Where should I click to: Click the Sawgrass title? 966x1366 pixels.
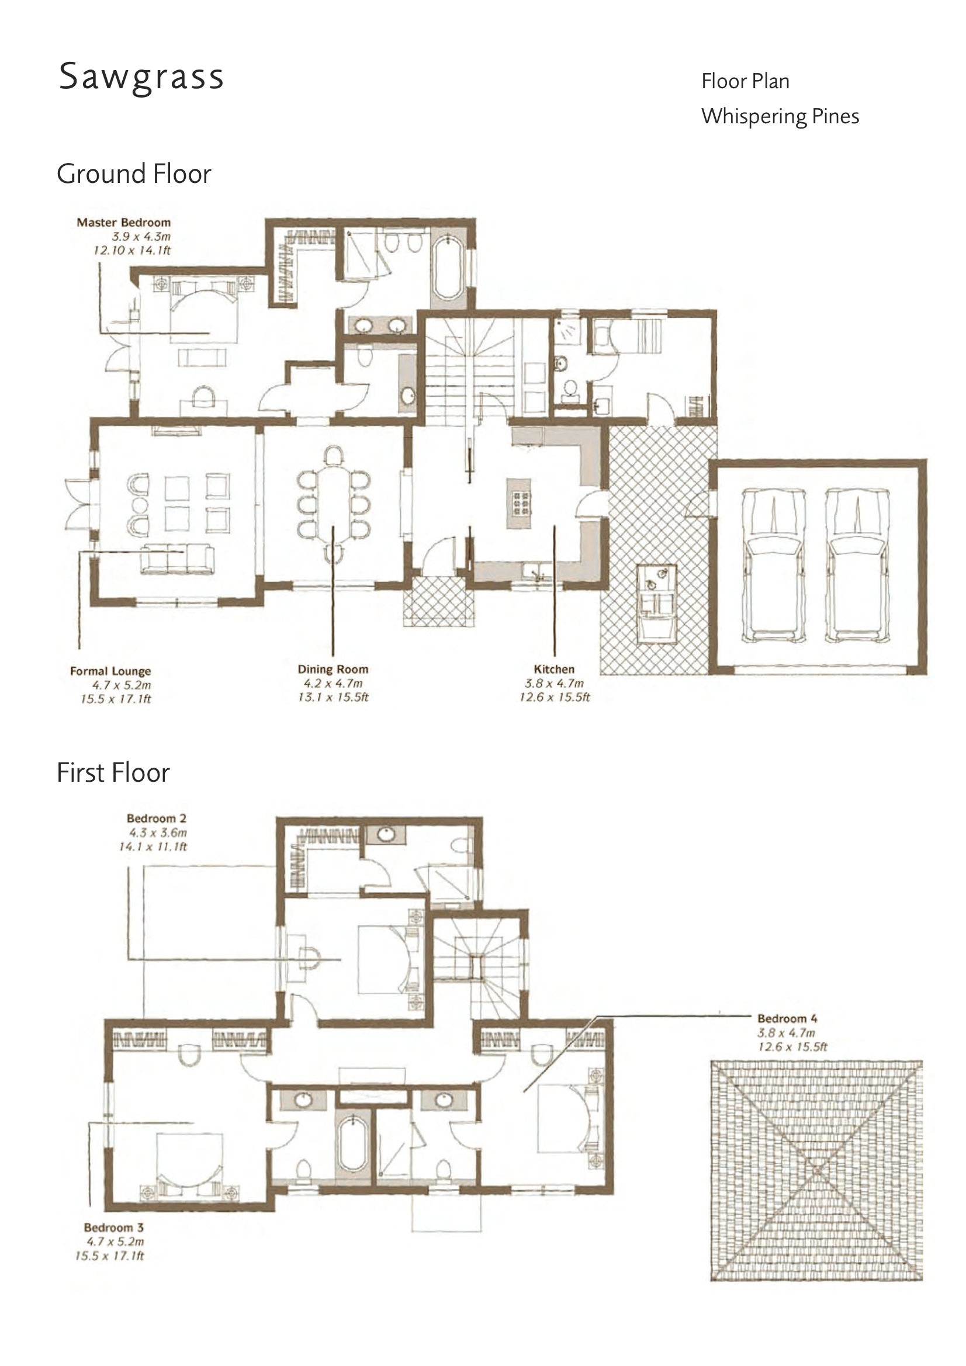point(141,77)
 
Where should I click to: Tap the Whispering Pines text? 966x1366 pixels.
point(780,116)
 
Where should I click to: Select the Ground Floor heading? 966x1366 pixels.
point(134,174)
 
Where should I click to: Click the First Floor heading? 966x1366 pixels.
point(113,773)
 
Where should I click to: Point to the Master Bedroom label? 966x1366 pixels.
point(124,223)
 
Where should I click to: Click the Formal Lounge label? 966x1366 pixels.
point(110,671)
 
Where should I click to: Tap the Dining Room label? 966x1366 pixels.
point(333,670)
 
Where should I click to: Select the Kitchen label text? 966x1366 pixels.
point(554,670)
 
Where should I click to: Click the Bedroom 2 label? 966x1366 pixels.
point(157,819)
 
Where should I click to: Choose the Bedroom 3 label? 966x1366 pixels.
point(114,1228)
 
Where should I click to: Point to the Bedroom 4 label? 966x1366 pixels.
point(787,1018)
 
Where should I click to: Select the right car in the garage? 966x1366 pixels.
point(857,565)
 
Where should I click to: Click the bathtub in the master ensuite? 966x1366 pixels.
point(448,268)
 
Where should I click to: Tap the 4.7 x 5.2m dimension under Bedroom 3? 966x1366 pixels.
point(116,1242)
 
